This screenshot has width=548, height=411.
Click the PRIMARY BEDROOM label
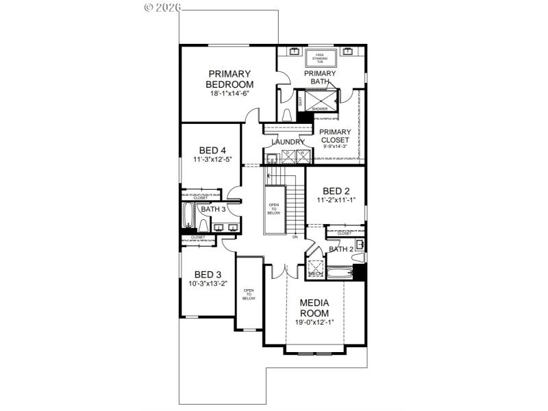tap(229, 79)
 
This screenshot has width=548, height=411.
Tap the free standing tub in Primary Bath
tap(320, 57)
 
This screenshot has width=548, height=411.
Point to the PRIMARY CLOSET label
tap(336, 136)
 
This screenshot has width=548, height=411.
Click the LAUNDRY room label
tap(288, 142)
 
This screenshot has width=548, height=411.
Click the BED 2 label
tap(336, 191)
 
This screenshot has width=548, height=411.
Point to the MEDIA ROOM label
tap(315, 308)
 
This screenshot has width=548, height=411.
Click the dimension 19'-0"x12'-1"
tap(315, 323)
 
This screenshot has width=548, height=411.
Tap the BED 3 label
tap(208, 274)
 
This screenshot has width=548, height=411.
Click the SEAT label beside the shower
tap(300, 101)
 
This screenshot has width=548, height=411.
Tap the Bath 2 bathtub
tap(338, 274)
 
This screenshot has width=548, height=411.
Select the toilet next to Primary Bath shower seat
tap(287, 115)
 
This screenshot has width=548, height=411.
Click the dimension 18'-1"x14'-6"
tap(229, 93)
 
